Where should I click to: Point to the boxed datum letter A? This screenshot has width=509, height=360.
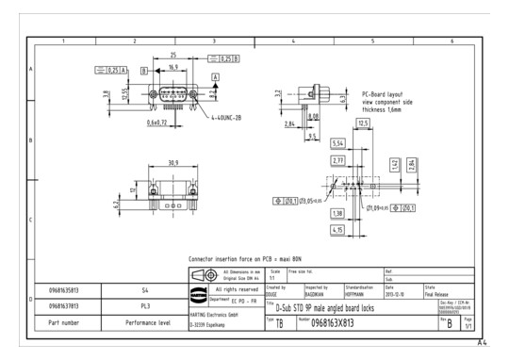click(x=216, y=74)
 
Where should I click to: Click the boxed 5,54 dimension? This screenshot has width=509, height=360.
click(x=339, y=142)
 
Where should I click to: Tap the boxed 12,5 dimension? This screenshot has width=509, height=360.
click(x=363, y=123)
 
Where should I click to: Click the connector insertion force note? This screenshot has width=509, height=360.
click(x=244, y=255)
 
